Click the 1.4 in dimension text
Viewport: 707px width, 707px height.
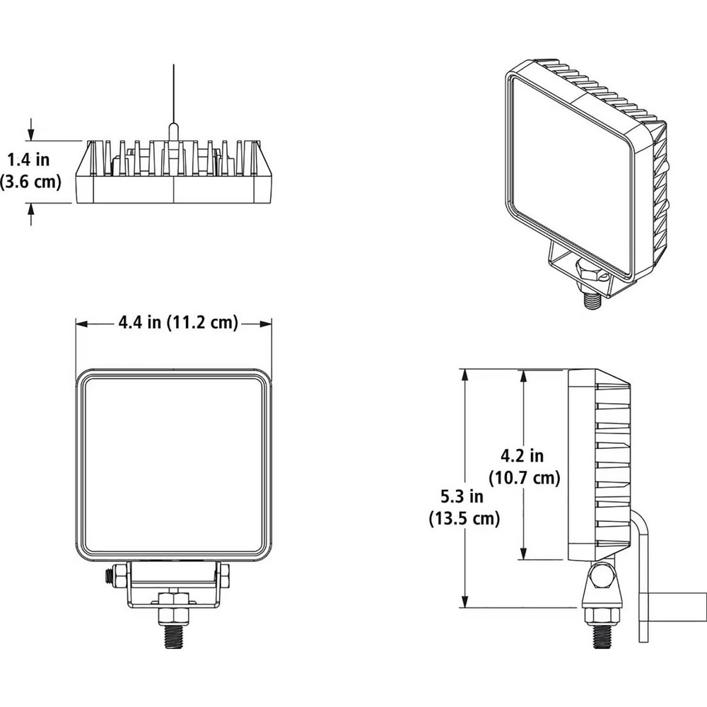pyautogui.click(x=30, y=158)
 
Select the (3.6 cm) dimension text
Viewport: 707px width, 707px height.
pyautogui.click(x=30, y=182)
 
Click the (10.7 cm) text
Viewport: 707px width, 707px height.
pyautogui.click(x=524, y=479)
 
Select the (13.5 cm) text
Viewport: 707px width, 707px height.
pyautogui.click(x=464, y=519)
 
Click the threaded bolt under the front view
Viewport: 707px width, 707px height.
pyautogui.click(x=174, y=631)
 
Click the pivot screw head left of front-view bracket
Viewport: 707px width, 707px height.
pyautogui.click(x=110, y=577)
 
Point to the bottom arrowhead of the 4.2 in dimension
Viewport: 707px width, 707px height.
pyautogui.click(x=523, y=554)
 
